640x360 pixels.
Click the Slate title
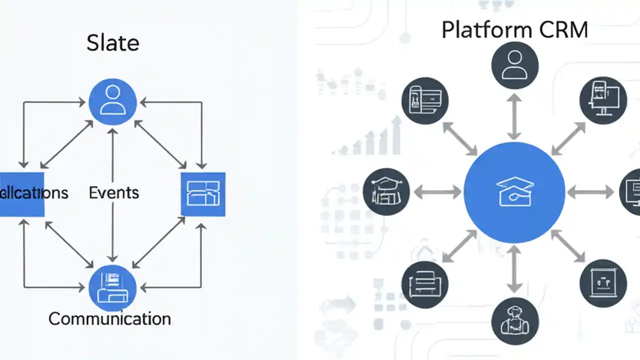112,43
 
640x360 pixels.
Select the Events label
113,192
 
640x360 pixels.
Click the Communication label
109,318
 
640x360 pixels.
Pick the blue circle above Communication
112,287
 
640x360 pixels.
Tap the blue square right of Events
202,194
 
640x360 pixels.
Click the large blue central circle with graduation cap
514,193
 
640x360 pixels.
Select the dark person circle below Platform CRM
514,65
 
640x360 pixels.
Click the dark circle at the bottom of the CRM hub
514,320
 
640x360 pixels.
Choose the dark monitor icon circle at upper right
603,100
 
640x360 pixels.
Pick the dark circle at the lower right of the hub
603,283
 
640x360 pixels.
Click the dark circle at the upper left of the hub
425,100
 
